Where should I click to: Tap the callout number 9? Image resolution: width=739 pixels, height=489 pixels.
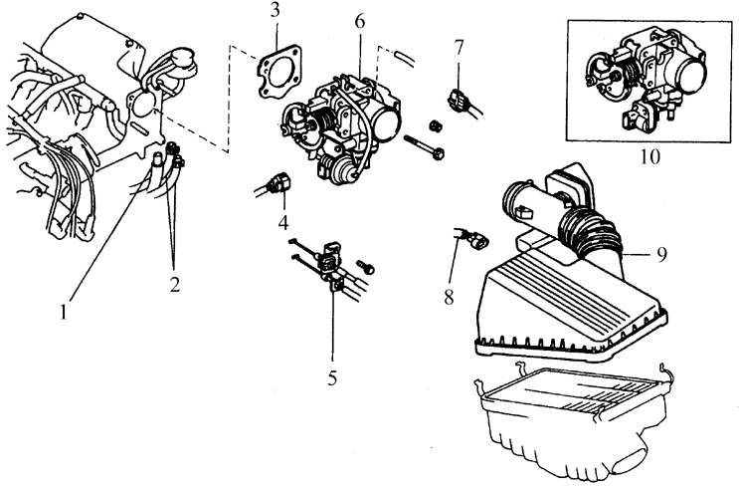coord(660,254)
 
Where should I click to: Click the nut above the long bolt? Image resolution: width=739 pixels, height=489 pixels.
coord(436,124)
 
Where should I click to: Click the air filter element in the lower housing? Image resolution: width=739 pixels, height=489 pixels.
coord(567,397)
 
